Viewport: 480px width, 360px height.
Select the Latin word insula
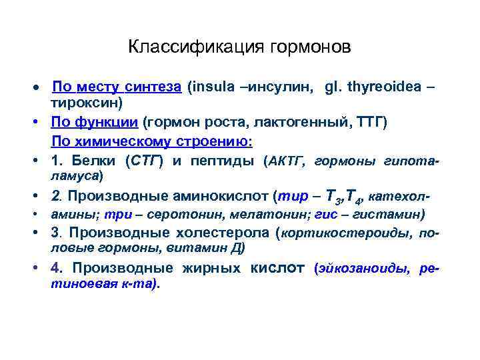click(212, 87)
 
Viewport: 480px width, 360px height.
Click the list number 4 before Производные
click(55, 269)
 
